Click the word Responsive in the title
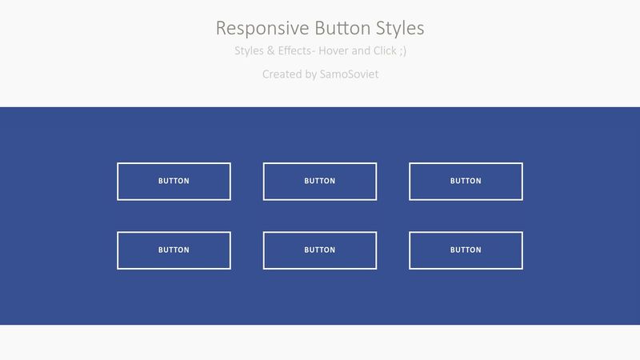(262, 29)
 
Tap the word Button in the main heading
(342, 28)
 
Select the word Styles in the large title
(400, 29)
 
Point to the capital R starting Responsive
(221, 28)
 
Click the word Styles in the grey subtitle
(249, 51)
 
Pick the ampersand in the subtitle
(271, 51)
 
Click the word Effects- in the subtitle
(296, 50)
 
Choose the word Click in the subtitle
(385, 50)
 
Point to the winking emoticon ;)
(403, 51)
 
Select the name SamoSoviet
(350, 74)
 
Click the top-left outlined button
(174, 182)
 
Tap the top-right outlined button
(466, 182)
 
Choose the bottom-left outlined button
(174, 250)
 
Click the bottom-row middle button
(320, 250)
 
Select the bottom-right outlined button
(466, 250)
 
